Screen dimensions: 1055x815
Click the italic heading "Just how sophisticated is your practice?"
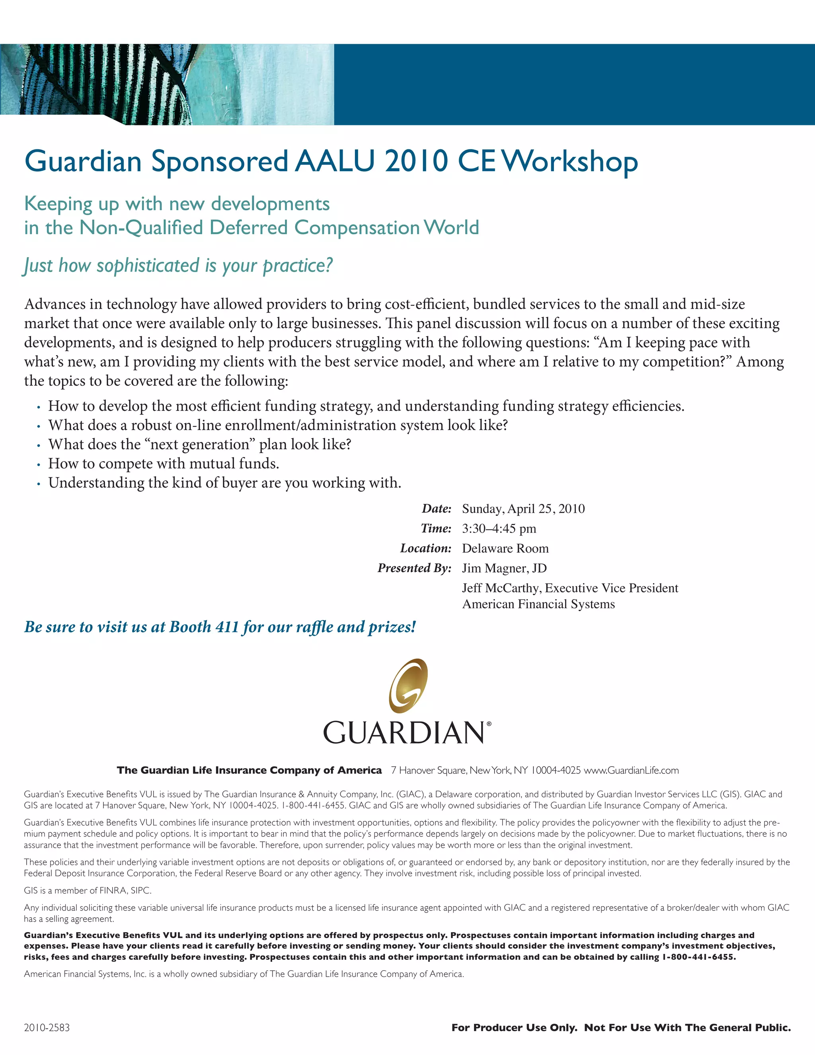tap(178, 266)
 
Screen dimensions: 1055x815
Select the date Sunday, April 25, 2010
tap(523, 509)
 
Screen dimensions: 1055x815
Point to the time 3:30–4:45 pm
tap(499, 528)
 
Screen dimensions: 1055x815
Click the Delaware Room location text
tap(505, 548)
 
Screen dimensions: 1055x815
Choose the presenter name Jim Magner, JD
tap(504, 568)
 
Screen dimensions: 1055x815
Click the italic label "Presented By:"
tap(414, 568)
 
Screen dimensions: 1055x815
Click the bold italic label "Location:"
tap(425, 548)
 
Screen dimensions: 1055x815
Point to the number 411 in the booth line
tap(226, 627)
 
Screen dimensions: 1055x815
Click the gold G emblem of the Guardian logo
tap(408, 686)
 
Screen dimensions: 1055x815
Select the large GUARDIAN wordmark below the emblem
tap(404, 733)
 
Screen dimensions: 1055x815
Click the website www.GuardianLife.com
tap(631, 770)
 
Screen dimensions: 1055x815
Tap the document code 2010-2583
tap(47, 1028)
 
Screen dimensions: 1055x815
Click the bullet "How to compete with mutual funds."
tap(163, 464)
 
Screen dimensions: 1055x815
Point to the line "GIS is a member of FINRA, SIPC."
tap(88, 890)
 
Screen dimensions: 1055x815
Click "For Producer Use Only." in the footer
tap(514, 1028)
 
